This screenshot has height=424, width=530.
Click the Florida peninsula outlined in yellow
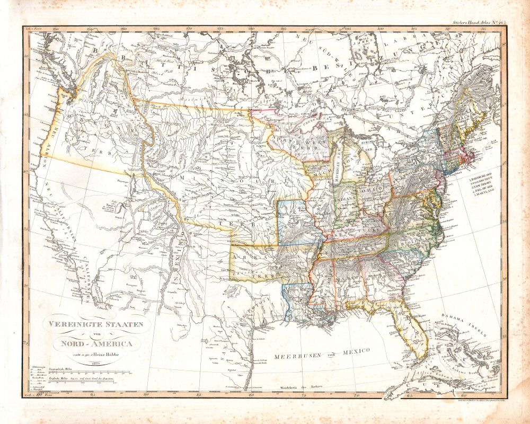click(x=411, y=329)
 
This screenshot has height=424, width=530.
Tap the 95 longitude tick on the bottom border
click(x=93, y=395)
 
